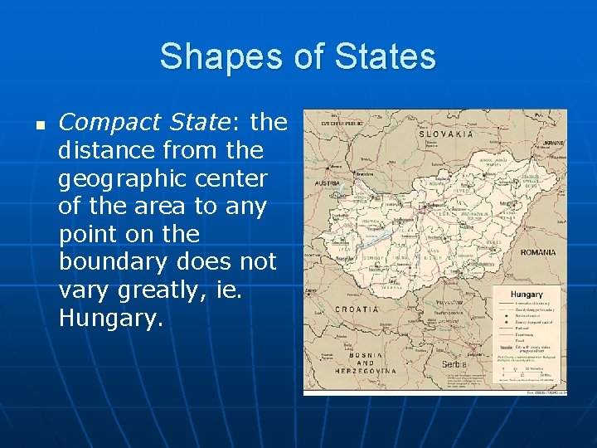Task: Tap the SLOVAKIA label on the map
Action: [447, 134]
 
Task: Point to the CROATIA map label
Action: [357, 309]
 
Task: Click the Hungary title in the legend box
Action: [527, 295]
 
